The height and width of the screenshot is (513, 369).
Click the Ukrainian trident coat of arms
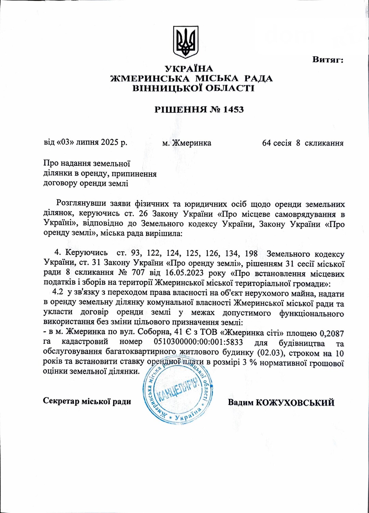pyautogui.click(x=186, y=42)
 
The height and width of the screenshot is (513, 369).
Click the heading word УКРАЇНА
pyautogui.click(x=189, y=69)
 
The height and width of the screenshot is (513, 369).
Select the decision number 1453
pyautogui.click(x=233, y=110)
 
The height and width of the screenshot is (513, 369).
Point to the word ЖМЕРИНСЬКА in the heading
pyautogui.click(x=150, y=79)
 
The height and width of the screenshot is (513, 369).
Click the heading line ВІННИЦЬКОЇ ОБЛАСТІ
pyautogui.click(x=193, y=88)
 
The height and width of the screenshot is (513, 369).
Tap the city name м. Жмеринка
pyautogui.click(x=187, y=143)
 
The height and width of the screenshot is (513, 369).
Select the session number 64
pyautogui.click(x=266, y=143)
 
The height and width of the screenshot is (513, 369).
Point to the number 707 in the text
pyautogui.click(x=138, y=273)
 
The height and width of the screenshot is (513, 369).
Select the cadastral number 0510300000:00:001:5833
pyautogui.click(x=198, y=342)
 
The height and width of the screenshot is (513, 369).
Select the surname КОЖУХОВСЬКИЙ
pyautogui.click(x=295, y=402)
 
